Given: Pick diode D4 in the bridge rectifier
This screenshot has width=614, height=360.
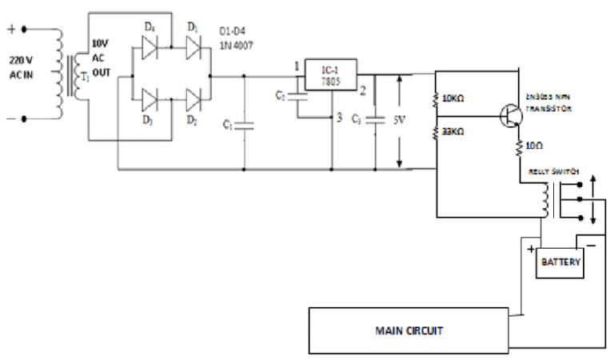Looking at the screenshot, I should pyautogui.click(x=150, y=50).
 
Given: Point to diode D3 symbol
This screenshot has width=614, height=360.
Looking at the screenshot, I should pyautogui.click(x=150, y=101).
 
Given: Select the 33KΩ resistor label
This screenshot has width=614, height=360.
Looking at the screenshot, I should pyautogui.click(x=457, y=130).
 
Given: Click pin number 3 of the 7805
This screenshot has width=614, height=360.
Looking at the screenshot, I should pyautogui.click(x=339, y=118).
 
